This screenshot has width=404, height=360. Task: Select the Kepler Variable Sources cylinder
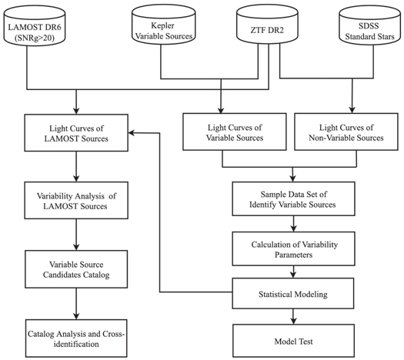161,29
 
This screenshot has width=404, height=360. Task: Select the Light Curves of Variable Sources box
222,131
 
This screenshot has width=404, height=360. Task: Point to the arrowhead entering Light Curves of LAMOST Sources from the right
132,132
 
